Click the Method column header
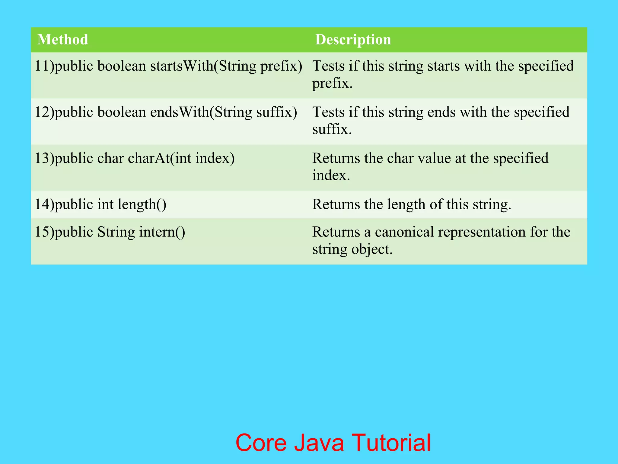pyautogui.click(x=62, y=40)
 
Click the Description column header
pyautogui.click(x=353, y=40)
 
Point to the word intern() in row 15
pyautogui.click(x=162, y=232)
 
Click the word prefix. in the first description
pyautogui.click(x=332, y=83)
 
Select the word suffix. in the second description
pyautogui.click(x=332, y=129)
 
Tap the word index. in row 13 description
pyautogui.click(x=331, y=176)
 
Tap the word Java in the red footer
pyautogui.click(x=319, y=443)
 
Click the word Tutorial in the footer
pyautogui.click(x=391, y=443)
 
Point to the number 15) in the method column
pyautogui.click(x=44, y=232)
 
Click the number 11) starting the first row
pyautogui.click(x=44, y=66)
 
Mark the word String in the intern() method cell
pyautogui.click(x=116, y=232)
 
